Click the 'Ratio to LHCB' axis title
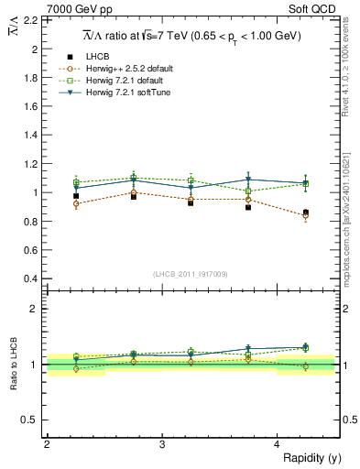[x=14, y=365]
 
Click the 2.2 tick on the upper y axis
[x=29, y=19]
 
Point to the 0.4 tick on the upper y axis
[x=29, y=278]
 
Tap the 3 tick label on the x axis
[x=162, y=444]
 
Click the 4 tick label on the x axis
[x=278, y=444]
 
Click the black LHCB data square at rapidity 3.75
[x=248, y=207]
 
